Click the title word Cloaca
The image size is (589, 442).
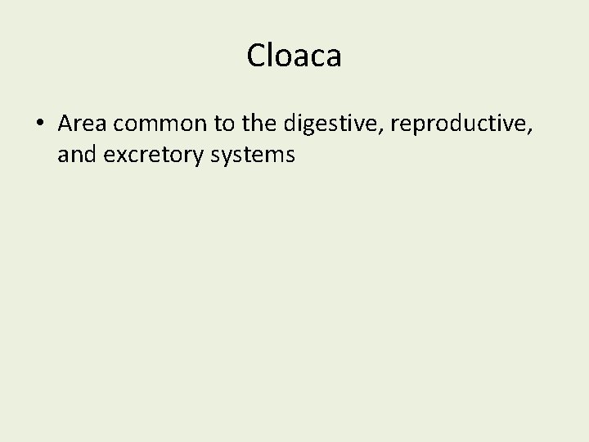tap(294, 56)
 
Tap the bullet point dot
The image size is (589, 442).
tap(40, 124)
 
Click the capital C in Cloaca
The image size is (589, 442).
tap(256, 56)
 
